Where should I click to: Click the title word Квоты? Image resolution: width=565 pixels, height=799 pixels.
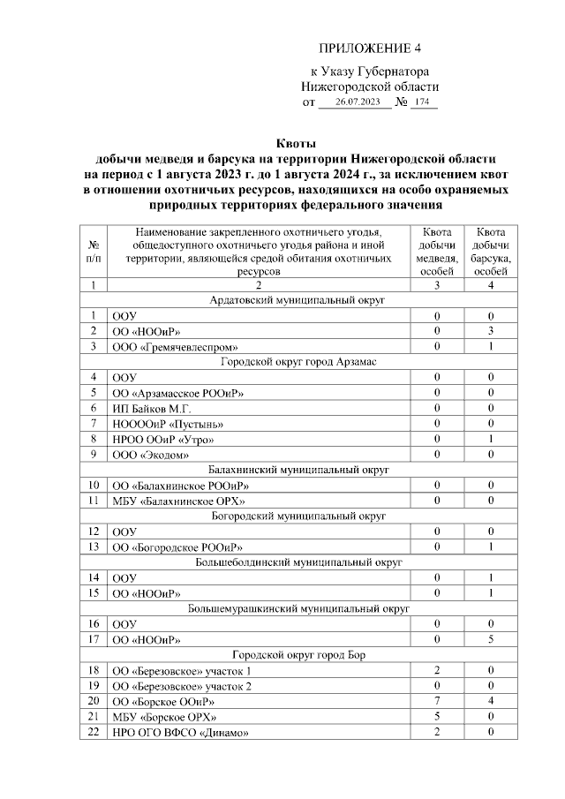(296, 144)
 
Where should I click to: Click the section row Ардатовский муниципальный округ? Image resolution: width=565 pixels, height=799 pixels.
(296, 300)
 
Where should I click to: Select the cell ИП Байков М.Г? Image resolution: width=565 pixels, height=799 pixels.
(153, 409)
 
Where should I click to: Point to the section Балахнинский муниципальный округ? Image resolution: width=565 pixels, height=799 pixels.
(296, 470)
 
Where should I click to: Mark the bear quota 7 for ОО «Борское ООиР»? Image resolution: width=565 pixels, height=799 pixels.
(437, 701)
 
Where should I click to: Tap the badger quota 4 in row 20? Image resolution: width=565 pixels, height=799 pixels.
(490, 701)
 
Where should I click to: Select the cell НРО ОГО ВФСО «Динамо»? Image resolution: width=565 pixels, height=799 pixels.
(177, 733)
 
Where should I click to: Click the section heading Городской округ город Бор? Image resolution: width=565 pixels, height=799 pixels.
(296, 654)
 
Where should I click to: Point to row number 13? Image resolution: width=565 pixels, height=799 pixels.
(93, 546)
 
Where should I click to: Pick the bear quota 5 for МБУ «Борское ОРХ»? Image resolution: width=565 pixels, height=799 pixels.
(437, 717)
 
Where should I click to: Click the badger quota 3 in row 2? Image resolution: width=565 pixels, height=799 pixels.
(490, 331)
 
